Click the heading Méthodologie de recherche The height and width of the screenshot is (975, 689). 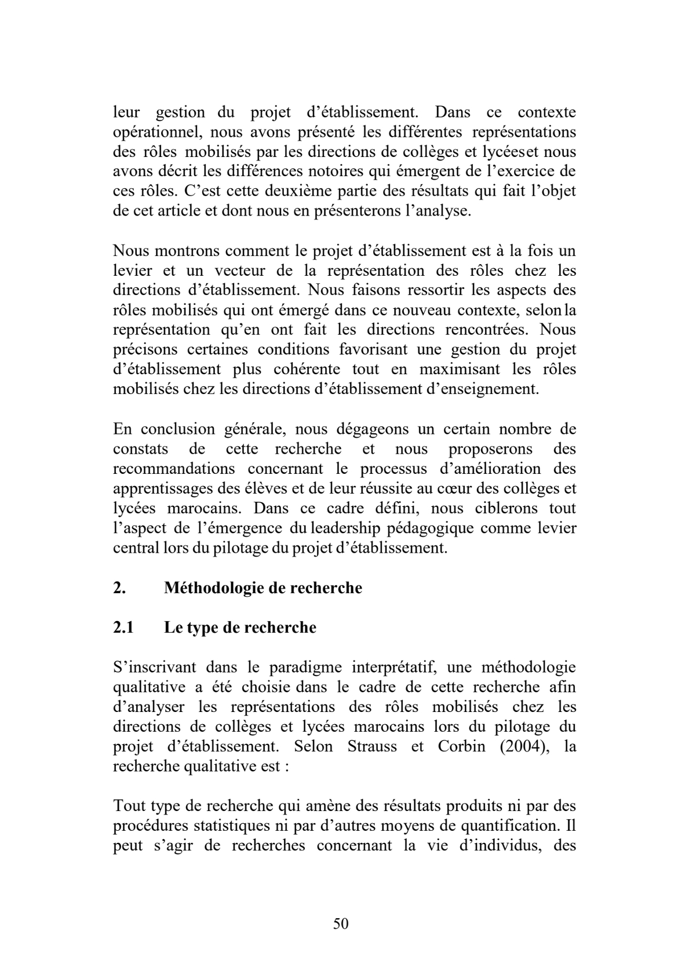pyautogui.click(x=263, y=588)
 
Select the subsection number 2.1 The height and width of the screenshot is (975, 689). pyautogui.click(x=123, y=627)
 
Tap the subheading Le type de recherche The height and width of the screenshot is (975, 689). pyautogui.click(x=240, y=627)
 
